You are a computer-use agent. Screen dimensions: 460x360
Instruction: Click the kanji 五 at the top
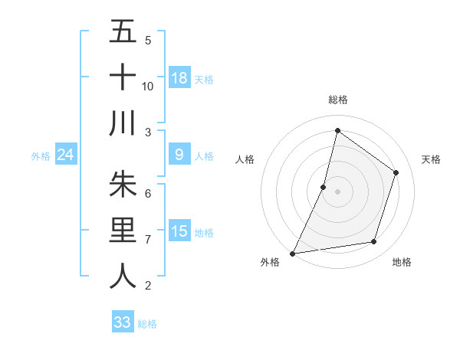123,32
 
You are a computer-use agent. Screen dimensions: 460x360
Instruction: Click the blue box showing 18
179,78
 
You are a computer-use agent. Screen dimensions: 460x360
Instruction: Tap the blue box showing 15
179,231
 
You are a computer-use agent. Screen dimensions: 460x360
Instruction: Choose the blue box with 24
66,155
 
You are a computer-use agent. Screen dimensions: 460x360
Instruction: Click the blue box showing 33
123,322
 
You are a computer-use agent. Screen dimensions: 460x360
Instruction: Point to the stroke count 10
148,87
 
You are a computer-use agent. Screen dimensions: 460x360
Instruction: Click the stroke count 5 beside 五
148,41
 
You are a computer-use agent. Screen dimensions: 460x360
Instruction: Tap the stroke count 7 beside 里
148,240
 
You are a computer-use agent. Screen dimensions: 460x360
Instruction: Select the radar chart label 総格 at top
337,100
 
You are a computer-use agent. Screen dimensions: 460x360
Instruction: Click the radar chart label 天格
431,159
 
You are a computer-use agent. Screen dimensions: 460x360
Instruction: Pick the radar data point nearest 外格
292,253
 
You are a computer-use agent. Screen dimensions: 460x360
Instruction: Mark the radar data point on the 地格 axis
374,242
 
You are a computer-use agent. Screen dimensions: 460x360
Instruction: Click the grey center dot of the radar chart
337,191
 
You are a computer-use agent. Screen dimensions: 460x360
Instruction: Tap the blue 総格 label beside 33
147,324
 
